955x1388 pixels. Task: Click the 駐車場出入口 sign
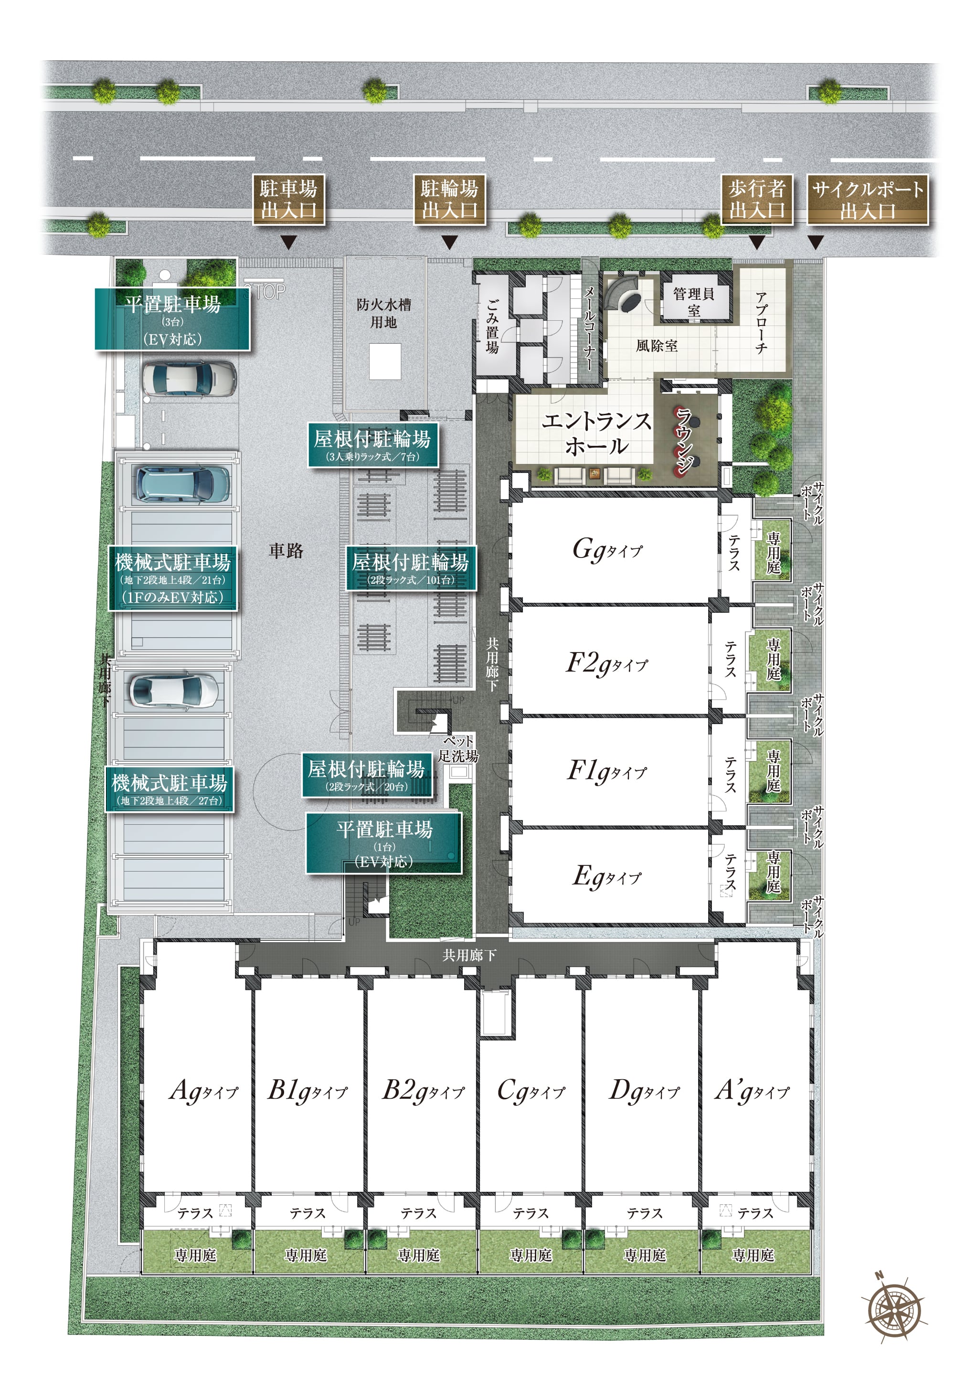(288, 200)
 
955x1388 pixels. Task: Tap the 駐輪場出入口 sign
(449, 200)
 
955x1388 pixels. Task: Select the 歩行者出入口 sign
(757, 200)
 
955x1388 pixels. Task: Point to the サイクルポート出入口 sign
(868, 200)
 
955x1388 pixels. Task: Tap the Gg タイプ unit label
(607, 549)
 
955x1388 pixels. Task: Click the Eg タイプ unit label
(607, 877)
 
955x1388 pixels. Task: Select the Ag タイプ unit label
(204, 1090)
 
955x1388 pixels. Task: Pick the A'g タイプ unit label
(752, 1090)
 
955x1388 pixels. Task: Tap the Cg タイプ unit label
(531, 1090)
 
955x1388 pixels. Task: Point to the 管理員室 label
(694, 301)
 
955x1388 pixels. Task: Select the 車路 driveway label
(286, 551)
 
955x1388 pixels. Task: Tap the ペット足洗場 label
(458, 748)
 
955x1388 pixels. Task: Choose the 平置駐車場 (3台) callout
(172, 319)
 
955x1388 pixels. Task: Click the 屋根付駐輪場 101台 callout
(411, 568)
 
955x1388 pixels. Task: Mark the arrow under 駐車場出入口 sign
(289, 242)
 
